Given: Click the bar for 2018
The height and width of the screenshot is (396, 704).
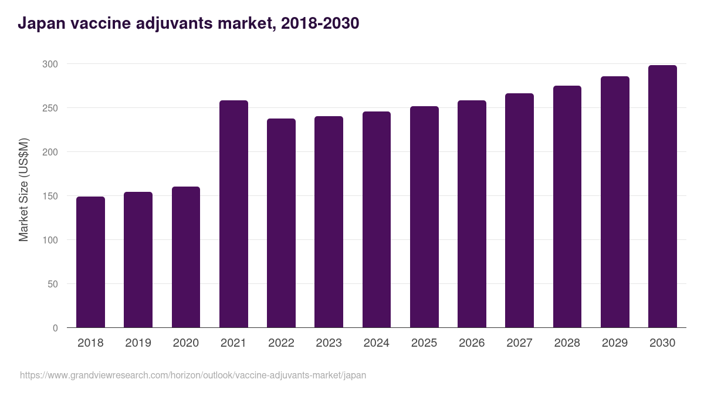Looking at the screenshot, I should [90, 262].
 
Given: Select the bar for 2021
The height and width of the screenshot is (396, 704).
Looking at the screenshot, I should [233, 214].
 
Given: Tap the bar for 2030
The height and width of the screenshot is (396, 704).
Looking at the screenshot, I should [662, 197].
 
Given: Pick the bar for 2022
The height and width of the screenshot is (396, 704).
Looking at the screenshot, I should [281, 223].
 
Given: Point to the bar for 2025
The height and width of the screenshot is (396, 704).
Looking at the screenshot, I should [424, 217].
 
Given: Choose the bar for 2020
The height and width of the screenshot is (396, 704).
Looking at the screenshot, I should [186, 257].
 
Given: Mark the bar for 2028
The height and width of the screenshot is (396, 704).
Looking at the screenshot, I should [567, 207].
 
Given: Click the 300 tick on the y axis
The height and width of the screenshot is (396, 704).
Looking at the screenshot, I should [51, 64].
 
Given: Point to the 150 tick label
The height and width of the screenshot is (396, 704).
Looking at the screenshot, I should [51, 196].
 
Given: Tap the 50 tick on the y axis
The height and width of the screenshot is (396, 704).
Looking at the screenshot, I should [53, 284].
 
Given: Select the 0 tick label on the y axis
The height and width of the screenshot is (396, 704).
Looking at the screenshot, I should [56, 328].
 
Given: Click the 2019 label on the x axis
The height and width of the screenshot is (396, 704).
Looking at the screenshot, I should [138, 343].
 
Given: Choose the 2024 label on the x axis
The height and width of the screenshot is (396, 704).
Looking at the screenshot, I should [376, 343].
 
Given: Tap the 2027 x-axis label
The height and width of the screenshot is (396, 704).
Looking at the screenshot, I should [519, 343].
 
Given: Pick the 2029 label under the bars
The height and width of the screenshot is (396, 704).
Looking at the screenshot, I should [615, 343].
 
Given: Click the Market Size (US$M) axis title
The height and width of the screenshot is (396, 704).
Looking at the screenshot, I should [23, 189].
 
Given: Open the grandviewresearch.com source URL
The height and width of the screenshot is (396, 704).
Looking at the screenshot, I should [192, 375].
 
